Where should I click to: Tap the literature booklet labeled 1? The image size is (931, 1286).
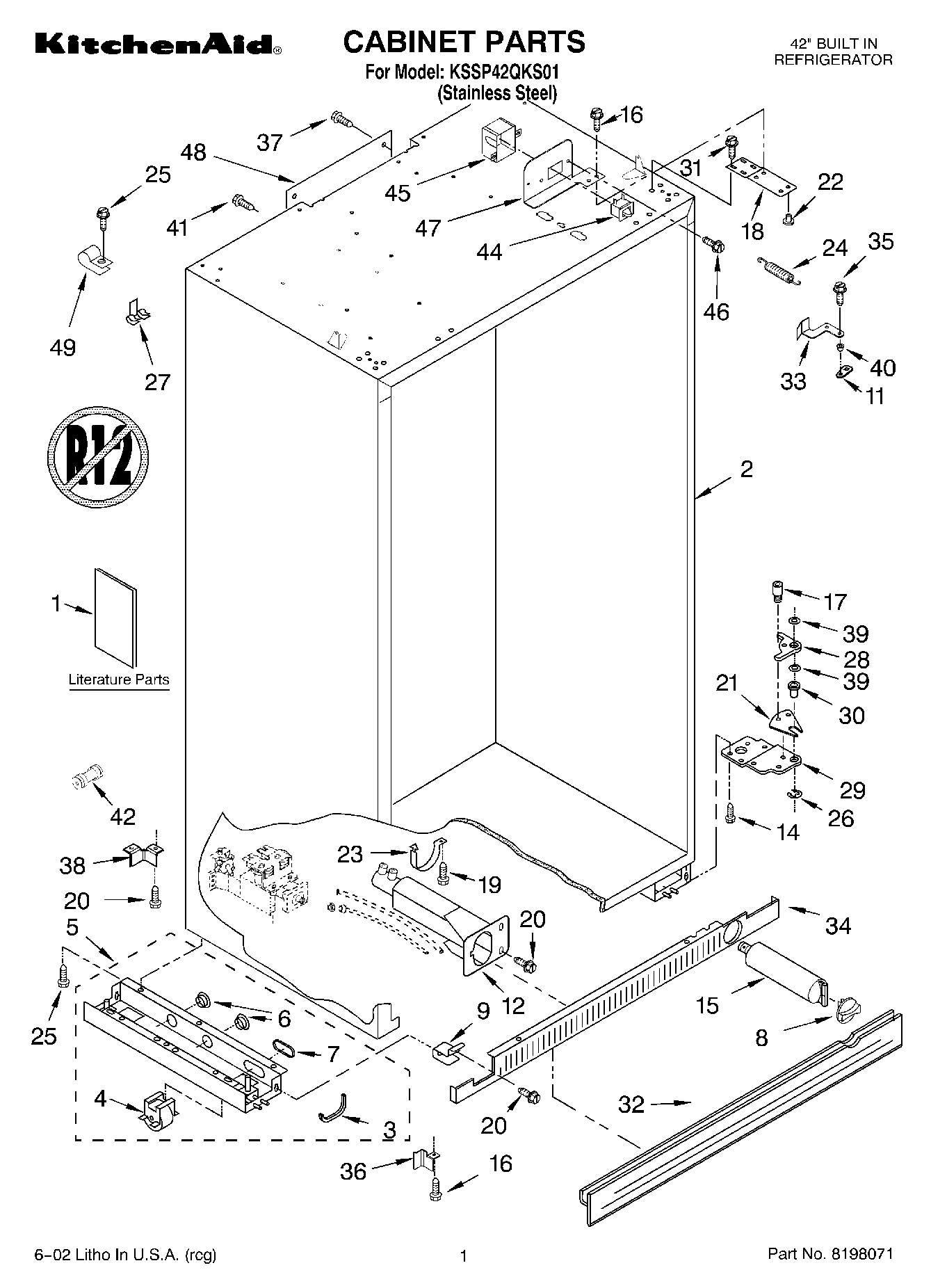[x=115, y=617]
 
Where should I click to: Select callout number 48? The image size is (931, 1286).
[x=193, y=152]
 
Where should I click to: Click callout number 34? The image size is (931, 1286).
[x=838, y=926]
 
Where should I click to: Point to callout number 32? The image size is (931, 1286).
[x=631, y=1104]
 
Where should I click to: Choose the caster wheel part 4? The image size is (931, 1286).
[x=157, y=1107]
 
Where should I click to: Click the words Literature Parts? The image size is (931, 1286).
[x=119, y=680]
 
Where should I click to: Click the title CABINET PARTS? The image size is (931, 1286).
[x=464, y=41]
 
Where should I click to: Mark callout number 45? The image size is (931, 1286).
[x=398, y=193]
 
